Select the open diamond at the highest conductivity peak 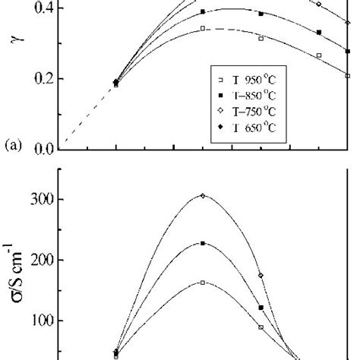pos(203,196)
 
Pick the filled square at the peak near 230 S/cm pos(203,244)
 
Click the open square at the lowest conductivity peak pos(203,283)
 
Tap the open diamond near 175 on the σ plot pos(261,275)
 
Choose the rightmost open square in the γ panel pos(348,76)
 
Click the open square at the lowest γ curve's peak pos(203,28)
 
